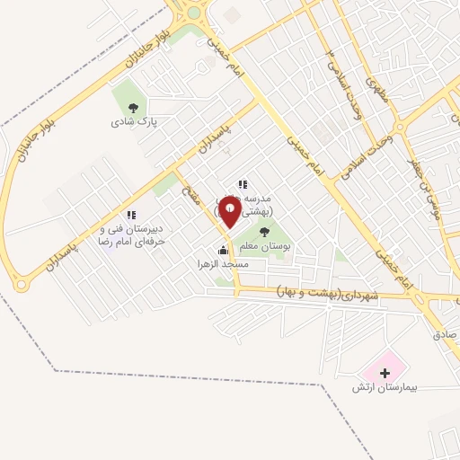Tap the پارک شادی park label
click(x=135, y=121)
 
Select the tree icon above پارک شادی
click(x=134, y=108)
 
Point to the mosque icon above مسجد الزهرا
click(x=223, y=250)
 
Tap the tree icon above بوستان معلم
click(x=263, y=232)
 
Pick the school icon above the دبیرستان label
click(x=131, y=216)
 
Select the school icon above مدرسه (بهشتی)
click(x=242, y=184)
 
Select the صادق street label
click(x=445, y=334)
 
